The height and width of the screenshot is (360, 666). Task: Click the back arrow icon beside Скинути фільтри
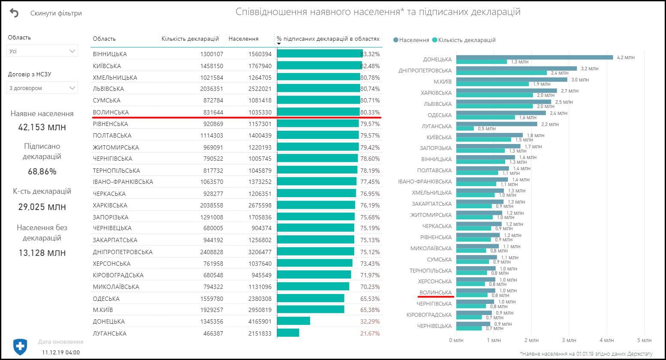click(14, 13)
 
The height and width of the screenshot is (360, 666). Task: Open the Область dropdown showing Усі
click(42, 51)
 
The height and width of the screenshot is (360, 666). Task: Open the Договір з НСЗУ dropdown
click(42, 88)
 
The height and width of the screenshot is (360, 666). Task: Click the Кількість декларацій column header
click(190, 39)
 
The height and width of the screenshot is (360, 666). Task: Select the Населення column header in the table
click(243, 39)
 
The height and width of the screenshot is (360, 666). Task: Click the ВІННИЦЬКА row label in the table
click(110, 54)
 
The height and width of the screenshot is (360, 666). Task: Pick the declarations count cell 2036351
click(211, 89)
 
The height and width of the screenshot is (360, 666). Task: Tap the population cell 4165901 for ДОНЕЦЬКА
click(260, 321)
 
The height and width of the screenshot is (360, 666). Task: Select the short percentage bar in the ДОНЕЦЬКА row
click(293, 321)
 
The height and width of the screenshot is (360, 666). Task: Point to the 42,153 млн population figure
click(42, 127)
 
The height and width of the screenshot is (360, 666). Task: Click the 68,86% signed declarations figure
click(42, 171)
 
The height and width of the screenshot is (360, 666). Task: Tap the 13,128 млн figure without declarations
click(42, 253)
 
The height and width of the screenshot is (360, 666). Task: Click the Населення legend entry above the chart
click(411, 40)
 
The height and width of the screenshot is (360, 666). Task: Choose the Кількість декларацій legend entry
click(464, 40)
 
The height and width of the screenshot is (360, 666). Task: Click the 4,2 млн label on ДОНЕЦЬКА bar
click(625, 57)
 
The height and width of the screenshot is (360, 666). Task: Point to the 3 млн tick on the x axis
click(569, 340)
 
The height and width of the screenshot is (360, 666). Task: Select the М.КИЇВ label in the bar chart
click(442, 81)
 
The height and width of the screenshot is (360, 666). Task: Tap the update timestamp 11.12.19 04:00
click(60, 352)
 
